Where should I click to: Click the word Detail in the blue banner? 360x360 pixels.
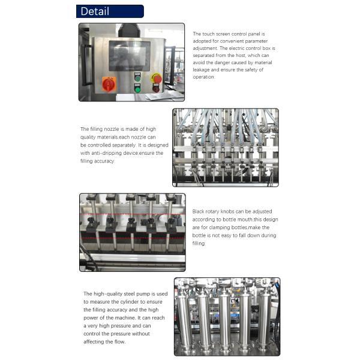tap(95, 11)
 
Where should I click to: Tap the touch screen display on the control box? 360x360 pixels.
tap(130, 56)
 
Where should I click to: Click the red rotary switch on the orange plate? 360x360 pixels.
tap(109, 84)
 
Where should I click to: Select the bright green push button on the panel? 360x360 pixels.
tap(137, 89)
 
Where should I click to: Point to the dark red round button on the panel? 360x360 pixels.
tap(156, 89)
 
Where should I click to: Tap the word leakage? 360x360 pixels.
tap(201, 70)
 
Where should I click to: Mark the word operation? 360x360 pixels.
tap(203, 77)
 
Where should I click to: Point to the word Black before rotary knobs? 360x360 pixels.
tap(198, 211)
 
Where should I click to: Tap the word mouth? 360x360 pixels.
tap(245, 220)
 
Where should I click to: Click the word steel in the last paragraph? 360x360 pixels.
tap(129, 294)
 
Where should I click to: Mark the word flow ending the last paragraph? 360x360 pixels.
tap(119, 342)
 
